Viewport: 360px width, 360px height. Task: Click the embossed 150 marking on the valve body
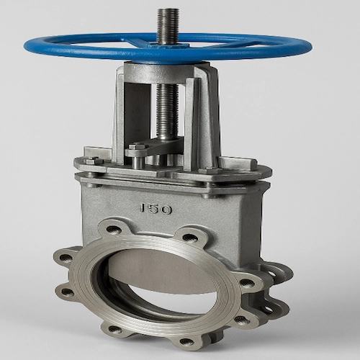(x=156, y=209)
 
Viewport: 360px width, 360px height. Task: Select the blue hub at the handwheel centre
(x=168, y=45)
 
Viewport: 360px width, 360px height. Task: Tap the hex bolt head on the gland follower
(x=137, y=146)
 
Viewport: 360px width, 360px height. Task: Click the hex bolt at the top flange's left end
(x=92, y=161)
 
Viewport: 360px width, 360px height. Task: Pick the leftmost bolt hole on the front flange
(x=66, y=258)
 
